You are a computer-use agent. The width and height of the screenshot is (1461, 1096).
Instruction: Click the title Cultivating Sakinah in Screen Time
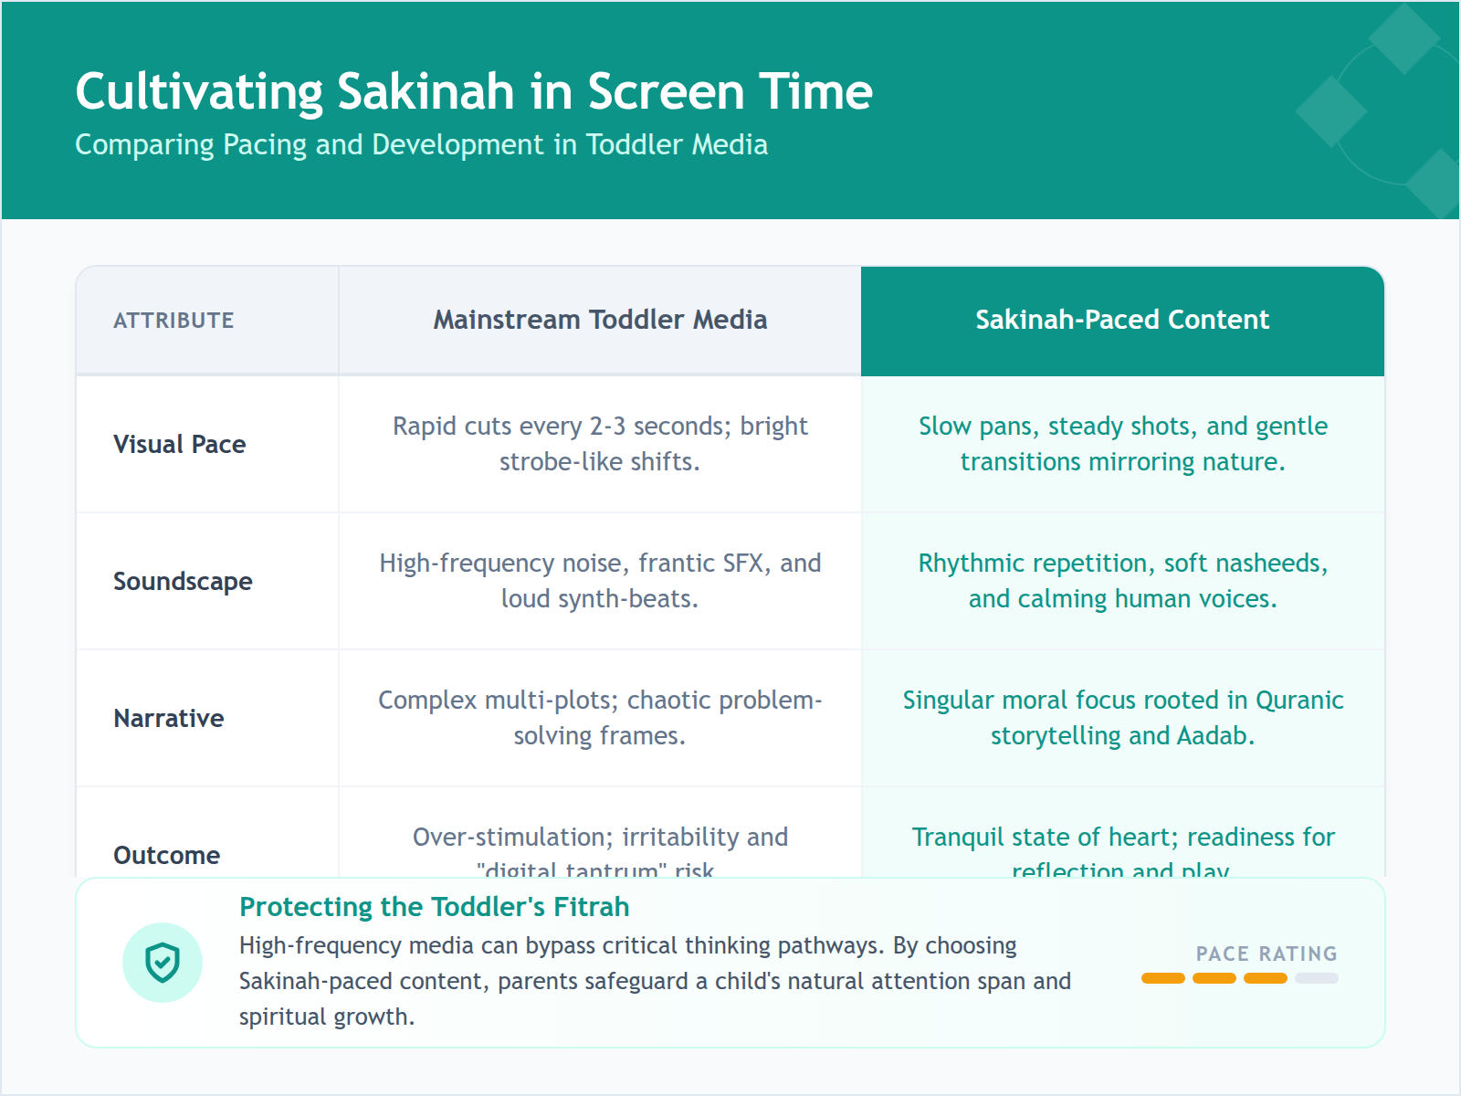[474, 91]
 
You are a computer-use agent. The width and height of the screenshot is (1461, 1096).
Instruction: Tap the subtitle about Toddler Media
[421, 144]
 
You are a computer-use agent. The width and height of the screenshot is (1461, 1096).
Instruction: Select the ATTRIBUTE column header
[173, 321]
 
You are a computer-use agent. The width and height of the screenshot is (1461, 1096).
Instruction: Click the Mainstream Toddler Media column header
[600, 320]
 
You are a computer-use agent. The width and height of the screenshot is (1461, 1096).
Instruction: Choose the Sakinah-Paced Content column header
[1122, 320]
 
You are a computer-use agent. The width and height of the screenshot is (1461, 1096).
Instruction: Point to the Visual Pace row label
[180, 445]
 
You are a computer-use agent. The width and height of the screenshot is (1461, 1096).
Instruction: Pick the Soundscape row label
[183, 582]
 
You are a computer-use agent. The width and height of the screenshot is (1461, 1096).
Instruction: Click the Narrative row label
[169, 719]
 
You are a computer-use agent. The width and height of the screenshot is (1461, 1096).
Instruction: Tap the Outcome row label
[167, 855]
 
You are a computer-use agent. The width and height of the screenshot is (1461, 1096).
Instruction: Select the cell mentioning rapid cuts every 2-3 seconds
[600, 444]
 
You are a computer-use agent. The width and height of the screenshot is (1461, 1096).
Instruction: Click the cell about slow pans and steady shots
[1122, 444]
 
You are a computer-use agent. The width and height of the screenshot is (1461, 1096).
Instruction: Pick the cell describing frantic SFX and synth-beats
[600, 581]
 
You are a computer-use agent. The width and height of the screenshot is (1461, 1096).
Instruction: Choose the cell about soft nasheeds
[1122, 581]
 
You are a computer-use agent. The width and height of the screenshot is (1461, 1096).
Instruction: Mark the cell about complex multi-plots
[600, 718]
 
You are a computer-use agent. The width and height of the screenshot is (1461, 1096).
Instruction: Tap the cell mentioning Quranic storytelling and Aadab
[1122, 718]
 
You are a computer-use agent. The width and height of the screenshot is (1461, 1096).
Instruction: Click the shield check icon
[163, 963]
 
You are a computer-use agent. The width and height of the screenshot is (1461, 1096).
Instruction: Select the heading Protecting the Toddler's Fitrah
[435, 907]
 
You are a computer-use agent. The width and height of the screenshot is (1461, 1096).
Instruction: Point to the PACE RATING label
[1267, 954]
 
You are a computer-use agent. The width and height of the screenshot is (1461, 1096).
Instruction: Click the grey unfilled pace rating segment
[1317, 978]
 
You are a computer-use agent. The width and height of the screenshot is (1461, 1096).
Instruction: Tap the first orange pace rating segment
[1163, 978]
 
